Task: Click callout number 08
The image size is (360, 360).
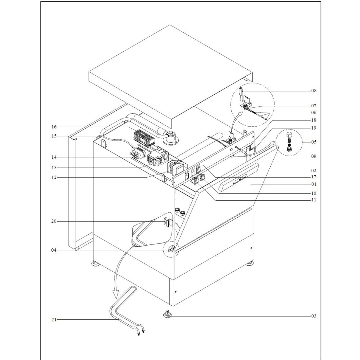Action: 314,91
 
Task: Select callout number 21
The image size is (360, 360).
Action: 54,320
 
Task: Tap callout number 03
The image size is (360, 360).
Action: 314,316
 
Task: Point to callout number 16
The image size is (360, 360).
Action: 54,127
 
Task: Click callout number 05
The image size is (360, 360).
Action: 314,142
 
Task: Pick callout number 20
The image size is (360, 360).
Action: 54,222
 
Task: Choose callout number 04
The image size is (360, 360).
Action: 54,250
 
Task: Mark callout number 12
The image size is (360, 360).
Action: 54,177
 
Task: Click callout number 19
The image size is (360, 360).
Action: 314,128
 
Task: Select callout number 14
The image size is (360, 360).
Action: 54,157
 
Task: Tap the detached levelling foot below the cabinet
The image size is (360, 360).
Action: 169,314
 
